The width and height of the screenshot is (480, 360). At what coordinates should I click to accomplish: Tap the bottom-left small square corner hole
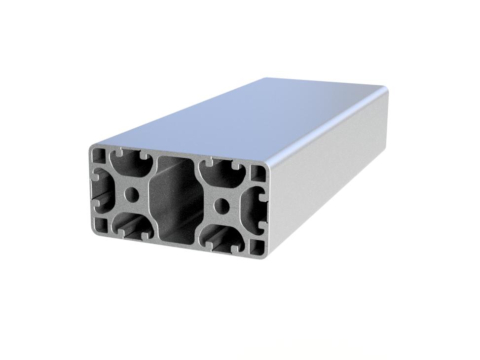102,225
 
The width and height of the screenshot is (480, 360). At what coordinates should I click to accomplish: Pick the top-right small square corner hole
258,173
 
